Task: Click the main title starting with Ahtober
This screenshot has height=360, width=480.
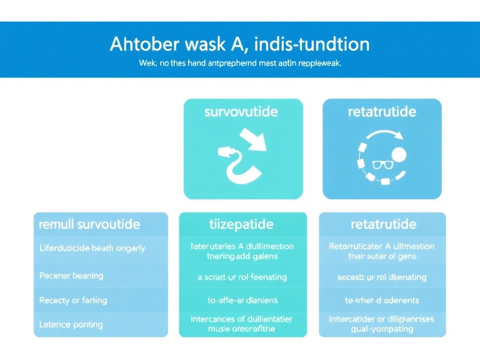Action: pyautogui.click(x=240, y=45)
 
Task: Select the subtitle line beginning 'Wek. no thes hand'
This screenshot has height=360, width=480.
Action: pyautogui.click(x=240, y=63)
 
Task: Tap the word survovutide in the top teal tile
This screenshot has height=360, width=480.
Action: pyautogui.click(x=241, y=112)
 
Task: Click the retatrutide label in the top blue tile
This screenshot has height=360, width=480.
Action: pyautogui.click(x=382, y=112)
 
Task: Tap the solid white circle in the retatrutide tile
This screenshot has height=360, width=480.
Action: pyautogui.click(x=398, y=155)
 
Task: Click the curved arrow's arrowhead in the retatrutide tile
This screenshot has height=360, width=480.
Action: pyautogui.click(x=399, y=135)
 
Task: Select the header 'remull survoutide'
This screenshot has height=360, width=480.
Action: pyautogui.click(x=89, y=224)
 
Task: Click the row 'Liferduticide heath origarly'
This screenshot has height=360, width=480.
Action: pyautogui.click(x=92, y=248)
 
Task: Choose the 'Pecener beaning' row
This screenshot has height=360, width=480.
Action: pyautogui.click(x=71, y=276)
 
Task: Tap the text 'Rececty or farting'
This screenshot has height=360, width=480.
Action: pyautogui.click(x=73, y=300)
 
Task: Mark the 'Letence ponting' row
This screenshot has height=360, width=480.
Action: pyautogui.click(x=71, y=324)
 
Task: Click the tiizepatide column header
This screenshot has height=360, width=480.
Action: pyautogui.click(x=241, y=224)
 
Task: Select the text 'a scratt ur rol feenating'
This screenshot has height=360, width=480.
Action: pyautogui.click(x=242, y=277)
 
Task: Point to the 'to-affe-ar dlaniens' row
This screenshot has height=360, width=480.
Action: pyautogui.click(x=242, y=300)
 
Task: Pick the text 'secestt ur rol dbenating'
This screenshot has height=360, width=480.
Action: pyautogui.click(x=382, y=277)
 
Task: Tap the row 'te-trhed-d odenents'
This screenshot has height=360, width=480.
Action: pyautogui.click(x=382, y=300)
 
